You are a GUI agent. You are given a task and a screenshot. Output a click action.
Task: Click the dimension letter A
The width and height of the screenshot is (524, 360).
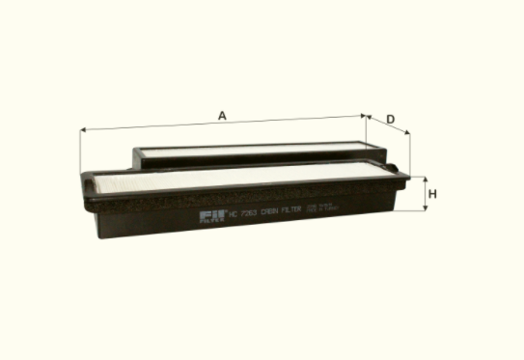point(222,116)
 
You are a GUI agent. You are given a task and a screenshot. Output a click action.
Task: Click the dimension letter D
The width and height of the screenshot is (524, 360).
point(390,119)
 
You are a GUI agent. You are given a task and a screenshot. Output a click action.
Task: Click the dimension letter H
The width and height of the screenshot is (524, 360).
point(433,194)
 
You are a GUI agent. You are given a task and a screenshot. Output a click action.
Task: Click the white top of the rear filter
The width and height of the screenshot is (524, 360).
point(251,149)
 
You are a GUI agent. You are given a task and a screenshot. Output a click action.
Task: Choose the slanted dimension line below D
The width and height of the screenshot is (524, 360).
point(390,125)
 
